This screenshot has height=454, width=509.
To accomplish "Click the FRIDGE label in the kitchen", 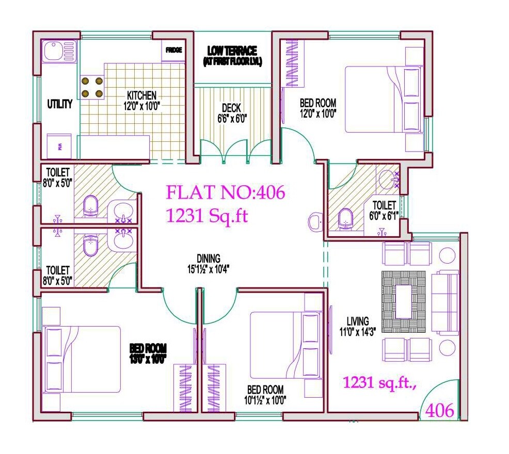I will [x=173, y=51].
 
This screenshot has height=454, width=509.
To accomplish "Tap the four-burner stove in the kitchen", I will [x=91, y=87].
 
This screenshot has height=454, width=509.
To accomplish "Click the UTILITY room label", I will [x=60, y=104].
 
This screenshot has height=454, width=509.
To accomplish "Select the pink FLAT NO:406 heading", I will [x=225, y=193].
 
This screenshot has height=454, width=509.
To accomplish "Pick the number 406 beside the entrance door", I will [x=440, y=411].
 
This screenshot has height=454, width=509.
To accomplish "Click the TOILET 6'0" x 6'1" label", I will [x=382, y=210].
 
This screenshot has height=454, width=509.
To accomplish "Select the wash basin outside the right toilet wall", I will [x=314, y=222].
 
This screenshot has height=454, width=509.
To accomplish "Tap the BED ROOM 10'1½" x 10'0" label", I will [x=266, y=395].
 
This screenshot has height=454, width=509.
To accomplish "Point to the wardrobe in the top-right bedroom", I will [x=292, y=64].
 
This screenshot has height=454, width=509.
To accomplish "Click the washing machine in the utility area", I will [x=59, y=146].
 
